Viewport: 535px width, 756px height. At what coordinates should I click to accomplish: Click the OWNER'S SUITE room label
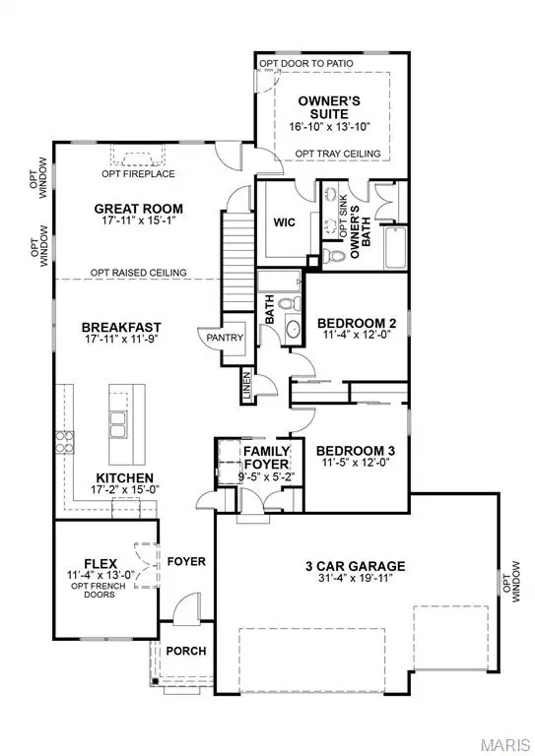point(329,107)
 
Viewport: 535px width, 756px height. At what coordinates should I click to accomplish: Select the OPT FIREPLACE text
point(139,173)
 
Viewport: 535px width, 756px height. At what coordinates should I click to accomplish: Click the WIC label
point(284,222)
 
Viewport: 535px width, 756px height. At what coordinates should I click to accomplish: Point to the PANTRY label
point(225,338)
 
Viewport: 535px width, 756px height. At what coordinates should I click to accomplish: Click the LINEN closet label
point(247,387)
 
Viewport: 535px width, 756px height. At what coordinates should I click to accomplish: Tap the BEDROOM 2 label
point(357,323)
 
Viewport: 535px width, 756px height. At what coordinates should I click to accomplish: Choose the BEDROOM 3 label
point(356,451)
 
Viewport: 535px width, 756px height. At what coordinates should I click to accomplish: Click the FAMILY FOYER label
point(266,458)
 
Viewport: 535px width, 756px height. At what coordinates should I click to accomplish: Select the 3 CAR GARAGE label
point(355,566)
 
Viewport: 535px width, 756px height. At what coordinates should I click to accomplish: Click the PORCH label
point(186,651)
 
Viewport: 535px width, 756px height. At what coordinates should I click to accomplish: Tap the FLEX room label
point(100,564)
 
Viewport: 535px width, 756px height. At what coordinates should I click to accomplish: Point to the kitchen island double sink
point(117,424)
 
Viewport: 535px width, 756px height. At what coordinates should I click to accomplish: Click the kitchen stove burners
point(65,443)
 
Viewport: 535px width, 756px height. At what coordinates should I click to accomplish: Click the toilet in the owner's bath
point(333,256)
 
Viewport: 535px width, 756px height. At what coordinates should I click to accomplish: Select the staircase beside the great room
point(237,261)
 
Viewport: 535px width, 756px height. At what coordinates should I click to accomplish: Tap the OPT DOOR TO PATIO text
point(305,64)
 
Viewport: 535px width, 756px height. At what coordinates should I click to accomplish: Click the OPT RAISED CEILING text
point(139,273)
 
